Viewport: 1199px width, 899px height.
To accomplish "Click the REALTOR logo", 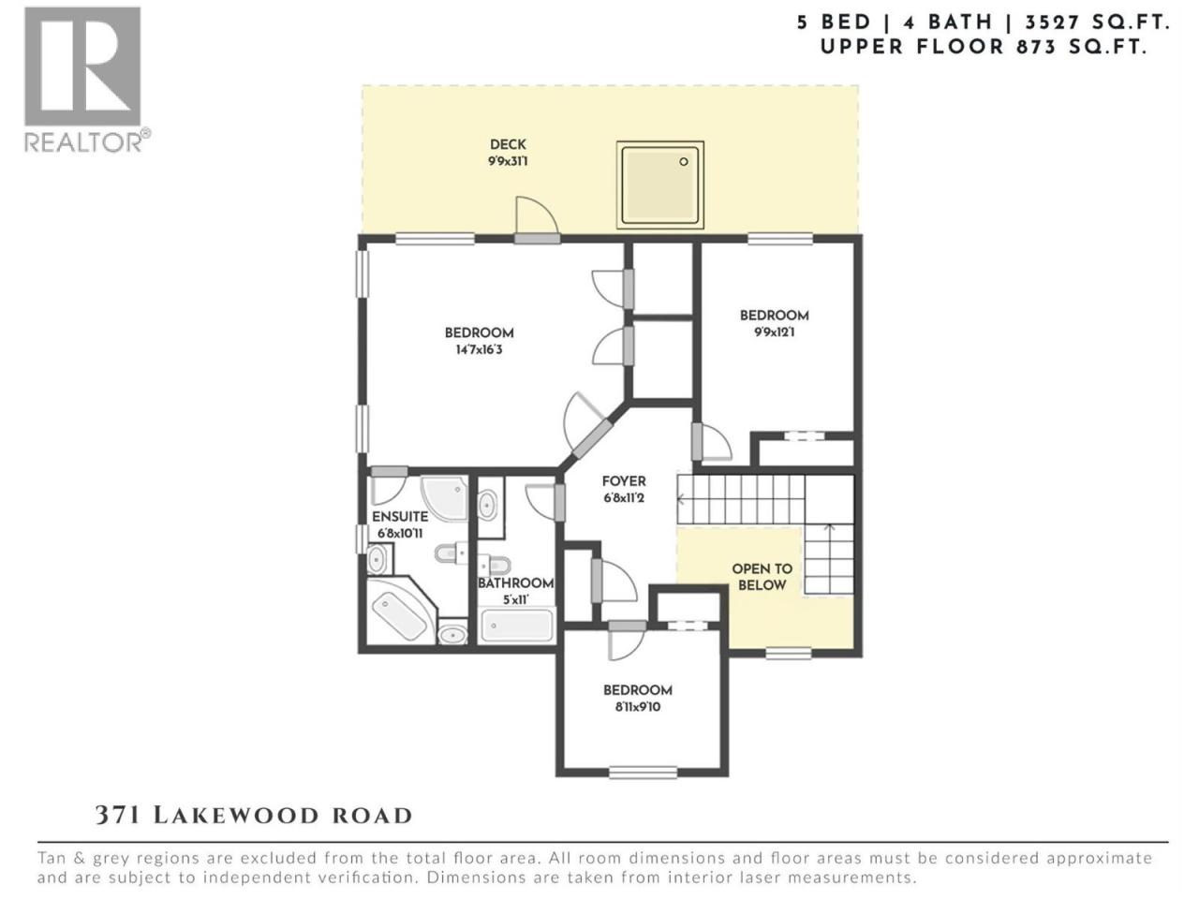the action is [86, 80].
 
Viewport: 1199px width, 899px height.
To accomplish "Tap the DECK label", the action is [508, 144].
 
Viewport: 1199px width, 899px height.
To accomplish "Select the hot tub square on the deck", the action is [659, 184].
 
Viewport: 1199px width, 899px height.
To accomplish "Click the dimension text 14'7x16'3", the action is [479, 349].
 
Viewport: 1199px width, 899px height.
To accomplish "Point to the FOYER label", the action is [623, 481].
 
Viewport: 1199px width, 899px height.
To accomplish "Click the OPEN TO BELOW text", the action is [762, 577].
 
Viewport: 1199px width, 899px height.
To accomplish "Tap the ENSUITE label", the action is [400, 516].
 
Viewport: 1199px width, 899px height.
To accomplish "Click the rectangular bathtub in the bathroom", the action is [517, 626].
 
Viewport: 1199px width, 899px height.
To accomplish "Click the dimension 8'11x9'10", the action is [638, 707].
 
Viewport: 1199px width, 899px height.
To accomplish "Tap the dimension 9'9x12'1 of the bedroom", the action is [774, 332].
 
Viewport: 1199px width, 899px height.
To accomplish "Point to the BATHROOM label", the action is [515, 583].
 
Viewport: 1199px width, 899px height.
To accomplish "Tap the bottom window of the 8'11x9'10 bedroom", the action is [643, 772].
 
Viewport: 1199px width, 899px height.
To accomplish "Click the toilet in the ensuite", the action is [451, 554].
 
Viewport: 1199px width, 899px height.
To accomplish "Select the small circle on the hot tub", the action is [684, 162].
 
